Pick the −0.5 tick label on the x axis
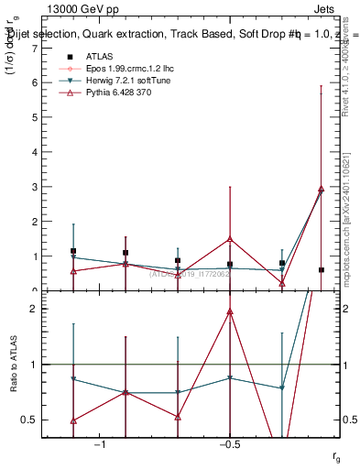point(229,445)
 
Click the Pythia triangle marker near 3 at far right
point(321,189)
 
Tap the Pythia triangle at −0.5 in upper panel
point(230,239)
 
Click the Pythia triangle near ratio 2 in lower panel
point(230,311)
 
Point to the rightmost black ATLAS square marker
point(321,270)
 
